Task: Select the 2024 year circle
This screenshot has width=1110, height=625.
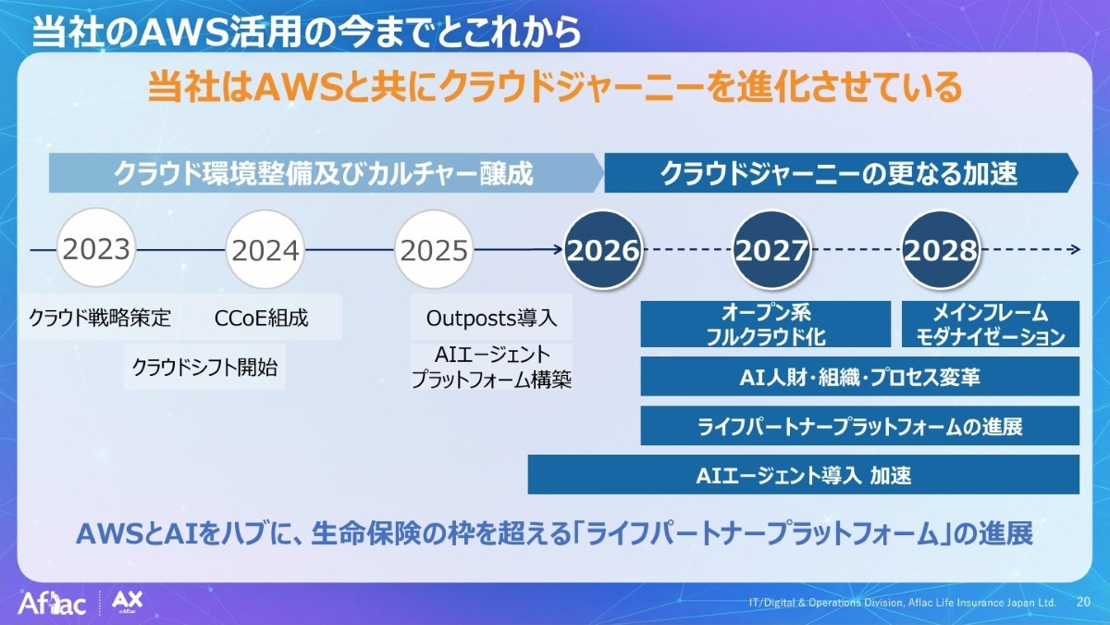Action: click(265, 249)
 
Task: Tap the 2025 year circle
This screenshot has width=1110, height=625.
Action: click(434, 249)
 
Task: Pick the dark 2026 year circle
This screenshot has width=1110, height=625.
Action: click(603, 249)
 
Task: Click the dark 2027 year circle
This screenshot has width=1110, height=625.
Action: click(772, 249)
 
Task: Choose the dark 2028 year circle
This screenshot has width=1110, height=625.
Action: click(941, 249)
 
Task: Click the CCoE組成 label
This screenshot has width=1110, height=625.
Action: click(261, 318)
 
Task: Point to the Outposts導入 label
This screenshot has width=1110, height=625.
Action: click(491, 318)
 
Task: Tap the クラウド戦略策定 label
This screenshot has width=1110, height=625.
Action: click(100, 318)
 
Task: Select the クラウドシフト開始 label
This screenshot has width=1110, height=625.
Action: click(204, 367)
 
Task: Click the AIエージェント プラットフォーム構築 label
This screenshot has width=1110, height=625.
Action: click(491, 367)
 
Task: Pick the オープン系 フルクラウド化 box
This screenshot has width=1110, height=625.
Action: click(766, 324)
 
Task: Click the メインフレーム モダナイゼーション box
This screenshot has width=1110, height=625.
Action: click(991, 324)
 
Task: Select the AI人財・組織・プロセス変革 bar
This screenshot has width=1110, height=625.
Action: click(859, 376)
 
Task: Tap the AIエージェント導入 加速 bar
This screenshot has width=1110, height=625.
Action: click(803, 475)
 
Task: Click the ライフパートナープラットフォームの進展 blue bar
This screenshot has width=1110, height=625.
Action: click(859, 426)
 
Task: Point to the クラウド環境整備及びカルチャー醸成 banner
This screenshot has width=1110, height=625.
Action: click(327, 172)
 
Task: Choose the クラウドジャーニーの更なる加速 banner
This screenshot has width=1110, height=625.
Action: click(841, 172)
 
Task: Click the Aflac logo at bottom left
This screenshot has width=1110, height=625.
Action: click(52, 604)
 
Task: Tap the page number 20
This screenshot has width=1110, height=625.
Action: click(1084, 602)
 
